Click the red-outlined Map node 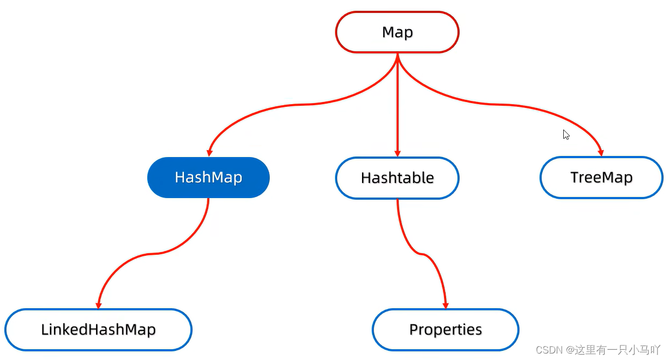click(397, 32)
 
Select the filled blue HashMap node click(208, 178)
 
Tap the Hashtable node click(397, 178)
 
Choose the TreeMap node click(602, 178)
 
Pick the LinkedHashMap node click(98, 330)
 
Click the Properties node click(446, 330)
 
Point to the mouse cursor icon click(566, 135)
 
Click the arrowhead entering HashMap click(209, 152)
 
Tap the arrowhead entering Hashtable click(397, 153)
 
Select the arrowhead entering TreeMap click(601, 152)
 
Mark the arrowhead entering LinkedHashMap click(99, 305)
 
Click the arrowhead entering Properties click(446, 305)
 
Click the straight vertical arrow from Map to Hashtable click(397, 105)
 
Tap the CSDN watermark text click(598, 350)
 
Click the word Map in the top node click(397, 32)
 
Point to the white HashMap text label click(208, 178)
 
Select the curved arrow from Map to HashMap click(299, 105)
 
